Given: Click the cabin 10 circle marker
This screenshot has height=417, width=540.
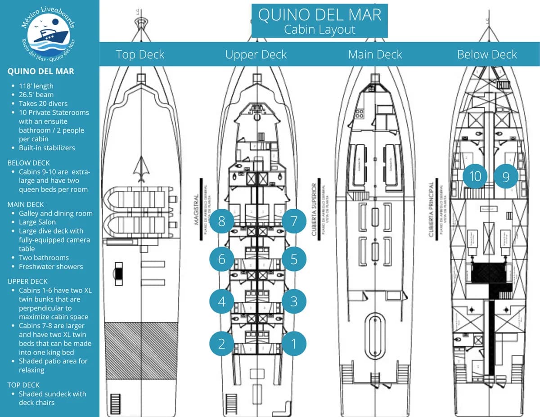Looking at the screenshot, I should (x=475, y=176).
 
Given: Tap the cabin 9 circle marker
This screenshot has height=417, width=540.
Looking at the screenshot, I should (x=506, y=176).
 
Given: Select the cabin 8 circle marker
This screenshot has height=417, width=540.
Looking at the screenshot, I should (x=221, y=221).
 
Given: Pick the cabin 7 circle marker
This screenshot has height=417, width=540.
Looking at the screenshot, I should (x=294, y=221).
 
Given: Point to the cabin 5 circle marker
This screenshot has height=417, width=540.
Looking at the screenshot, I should (x=294, y=259).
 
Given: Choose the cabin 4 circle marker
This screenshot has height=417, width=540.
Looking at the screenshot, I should (x=221, y=301).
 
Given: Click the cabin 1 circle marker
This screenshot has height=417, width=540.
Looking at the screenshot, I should (x=294, y=344).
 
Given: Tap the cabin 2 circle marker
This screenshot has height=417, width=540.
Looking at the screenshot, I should (x=221, y=344).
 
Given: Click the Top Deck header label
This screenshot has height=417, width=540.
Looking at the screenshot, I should (x=140, y=54).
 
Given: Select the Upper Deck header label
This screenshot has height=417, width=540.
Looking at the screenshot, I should (x=256, y=54).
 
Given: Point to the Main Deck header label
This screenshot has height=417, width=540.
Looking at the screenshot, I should (x=375, y=54).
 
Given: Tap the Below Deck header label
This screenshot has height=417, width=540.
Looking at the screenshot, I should (x=487, y=54).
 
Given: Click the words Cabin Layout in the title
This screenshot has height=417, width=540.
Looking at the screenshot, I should (x=319, y=30).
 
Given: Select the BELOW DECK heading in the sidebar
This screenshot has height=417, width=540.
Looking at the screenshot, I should (x=29, y=163).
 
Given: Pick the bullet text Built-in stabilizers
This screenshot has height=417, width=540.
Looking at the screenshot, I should (x=47, y=148).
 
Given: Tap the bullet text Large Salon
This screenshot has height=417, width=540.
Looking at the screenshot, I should (x=37, y=222).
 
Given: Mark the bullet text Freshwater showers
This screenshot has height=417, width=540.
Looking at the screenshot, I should (x=51, y=266).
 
